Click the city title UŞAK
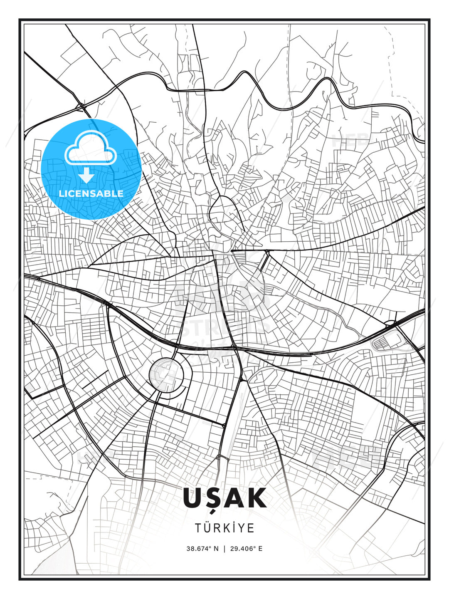pos(224,498)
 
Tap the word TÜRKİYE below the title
pos(224,528)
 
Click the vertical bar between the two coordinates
pos(224,548)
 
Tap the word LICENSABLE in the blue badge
pos(91,193)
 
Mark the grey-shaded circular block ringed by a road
pos(166,374)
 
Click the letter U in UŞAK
pos(192,498)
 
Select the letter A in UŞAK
pos(234,498)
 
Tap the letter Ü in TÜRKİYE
pos(207,528)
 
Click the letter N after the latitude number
pos(216,548)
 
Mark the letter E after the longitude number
pos(260,548)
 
